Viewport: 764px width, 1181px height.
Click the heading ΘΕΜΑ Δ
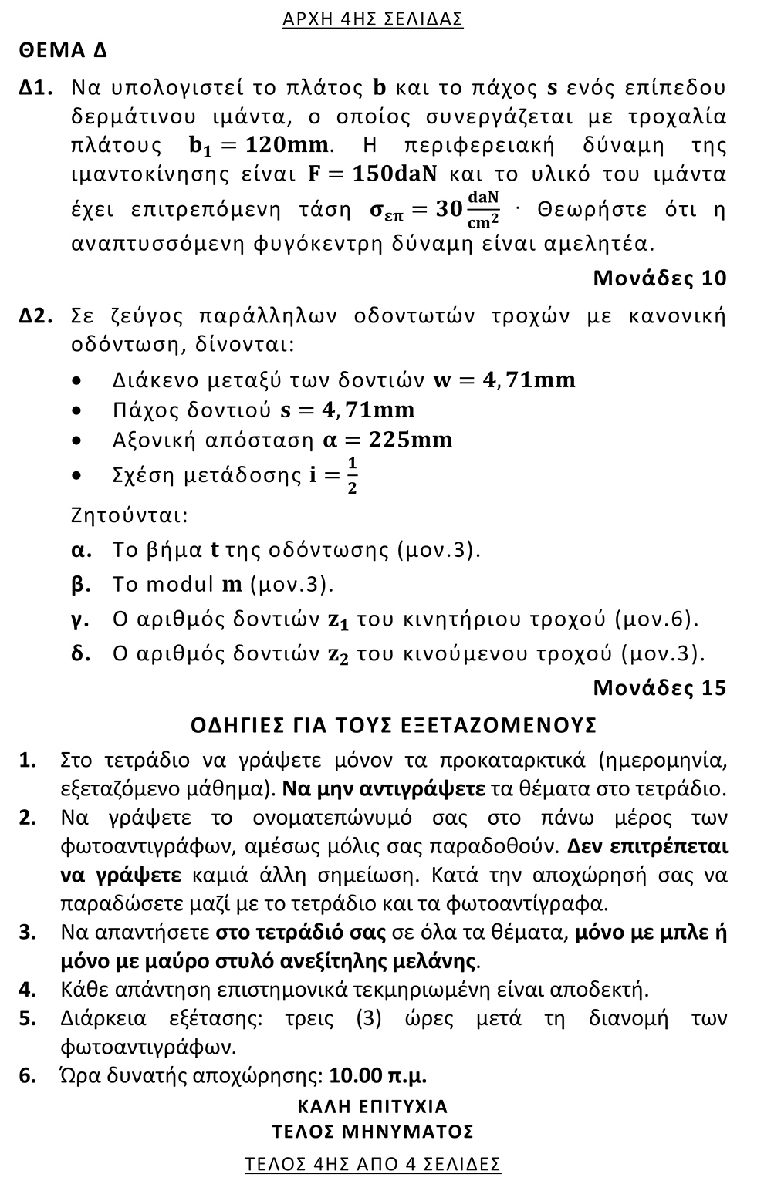63,51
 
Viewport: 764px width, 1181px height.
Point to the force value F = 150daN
373,174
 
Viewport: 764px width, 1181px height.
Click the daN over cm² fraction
483,210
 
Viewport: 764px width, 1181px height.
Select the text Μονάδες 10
659,278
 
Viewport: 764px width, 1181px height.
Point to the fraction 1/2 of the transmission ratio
352,476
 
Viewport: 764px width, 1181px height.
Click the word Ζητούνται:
129,514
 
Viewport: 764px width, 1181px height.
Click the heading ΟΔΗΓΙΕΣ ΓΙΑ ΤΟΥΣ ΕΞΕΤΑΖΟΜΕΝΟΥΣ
393,725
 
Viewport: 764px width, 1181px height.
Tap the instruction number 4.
27,989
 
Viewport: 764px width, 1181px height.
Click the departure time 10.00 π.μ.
377,1075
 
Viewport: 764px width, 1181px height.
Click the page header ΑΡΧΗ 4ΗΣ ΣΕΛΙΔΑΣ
373,19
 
